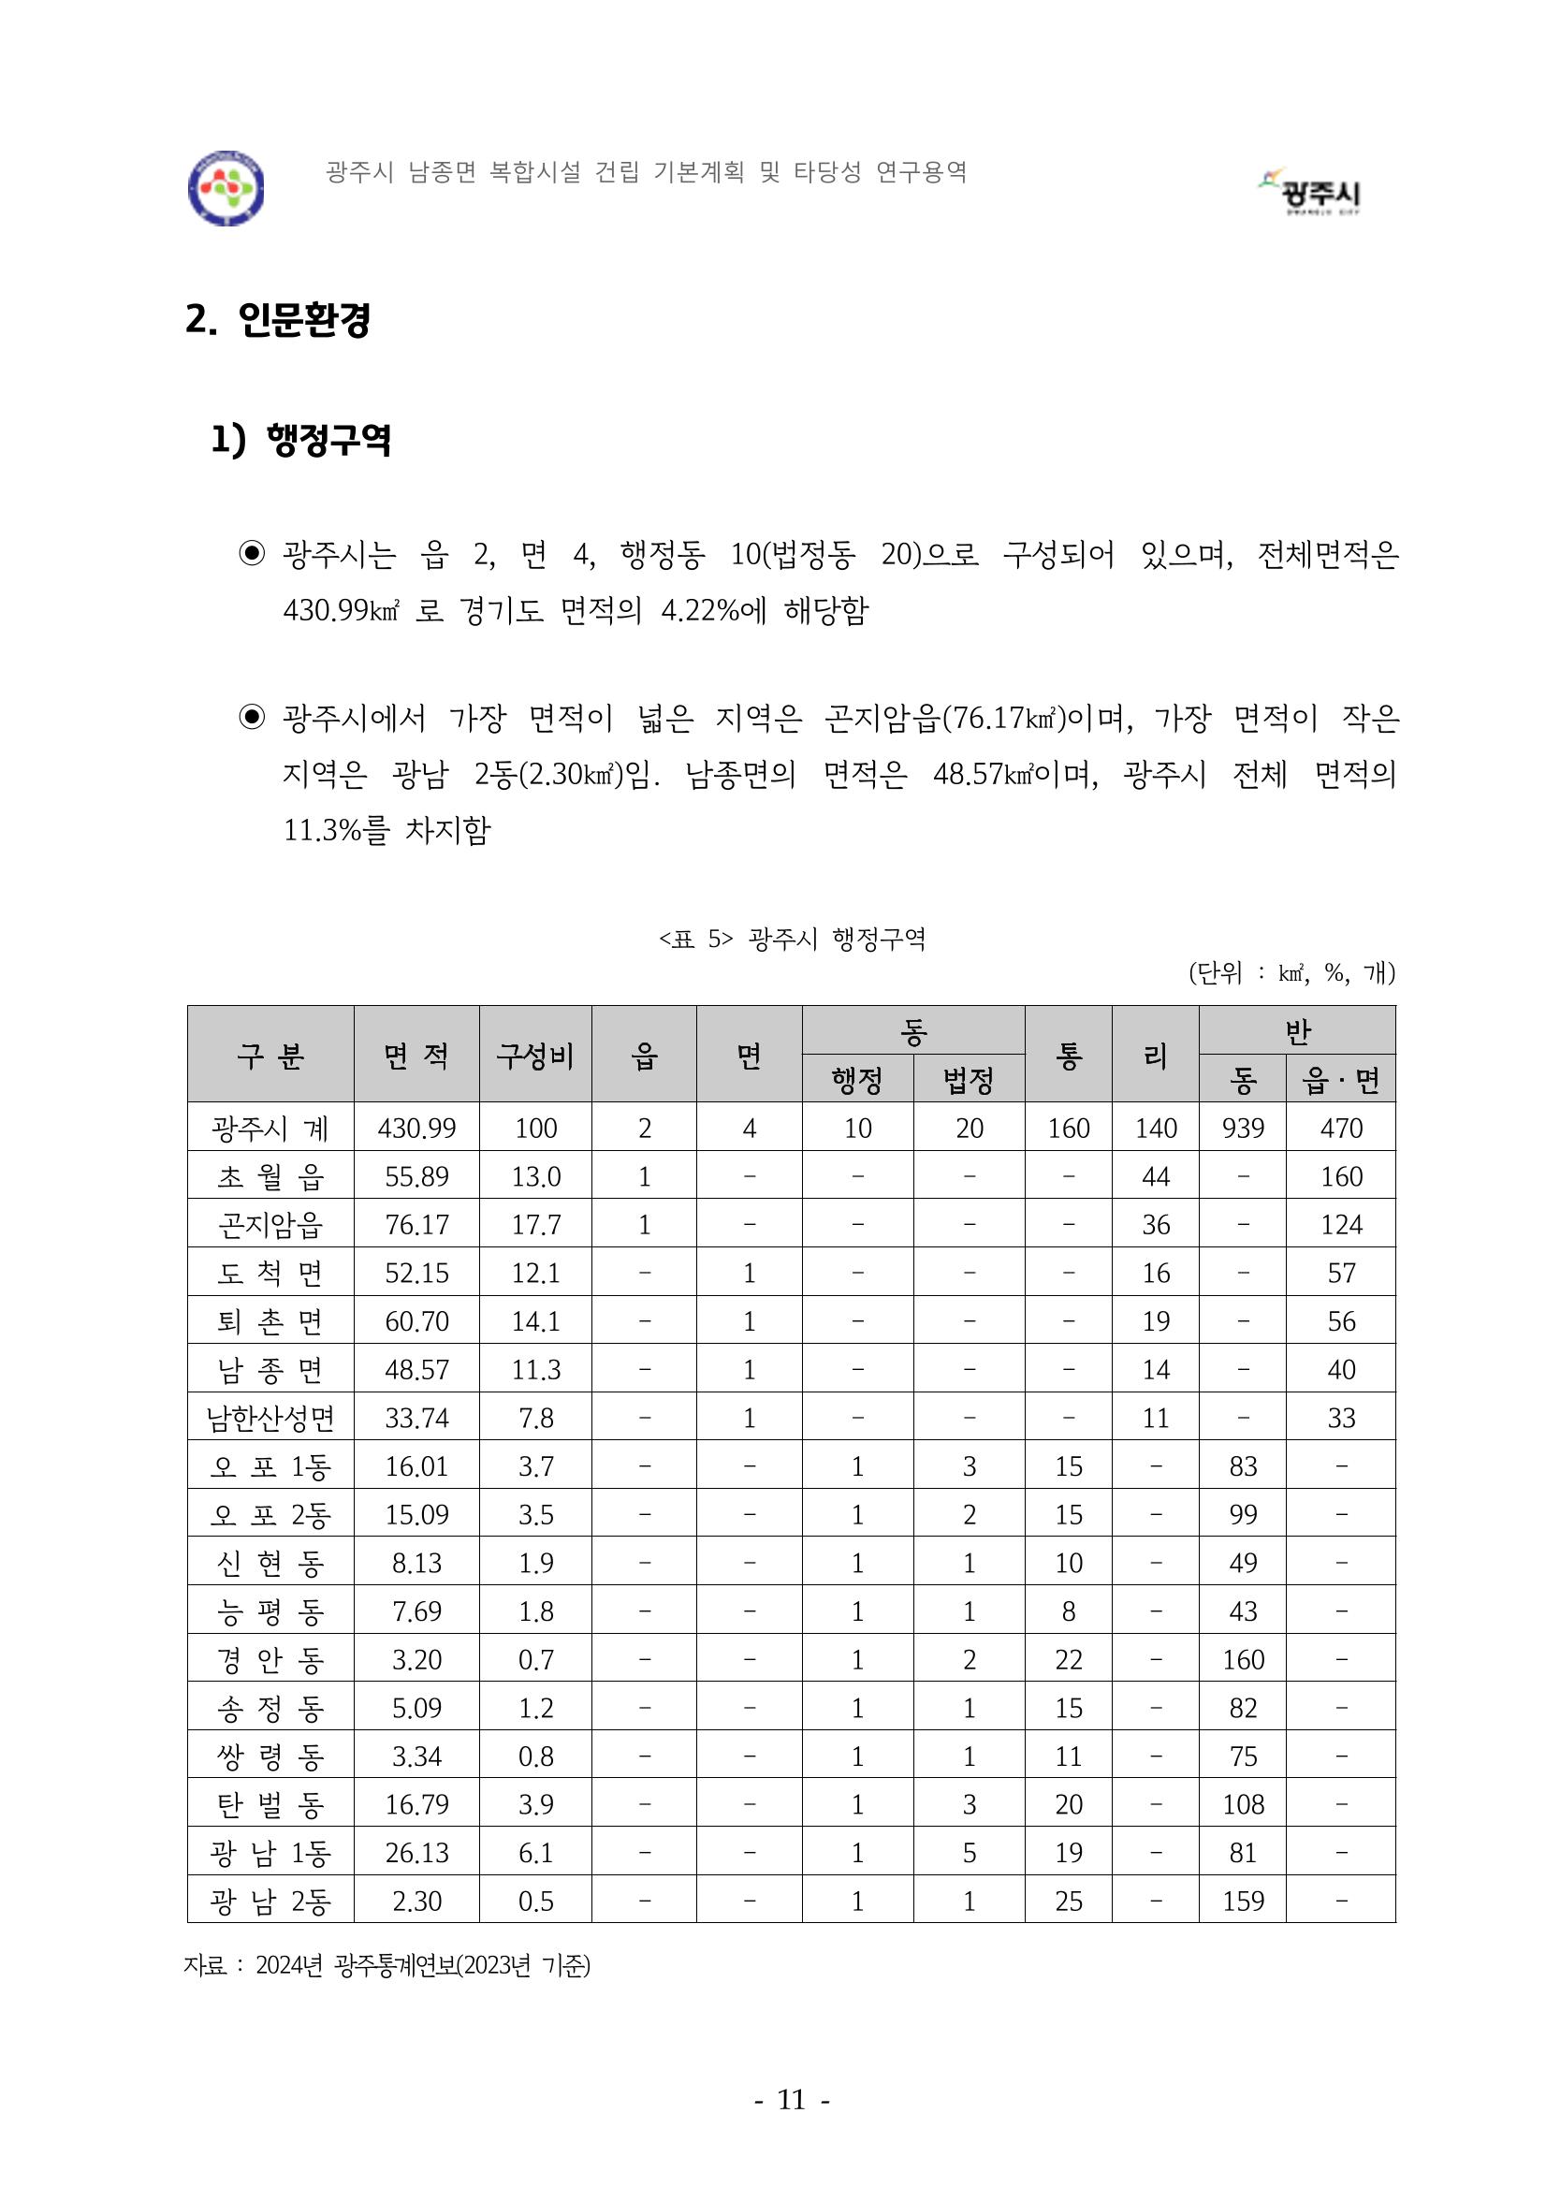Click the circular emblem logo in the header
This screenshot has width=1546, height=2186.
[x=226, y=188]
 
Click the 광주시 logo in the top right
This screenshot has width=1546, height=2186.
[x=1314, y=190]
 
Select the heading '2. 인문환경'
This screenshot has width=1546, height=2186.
[x=277, y=320]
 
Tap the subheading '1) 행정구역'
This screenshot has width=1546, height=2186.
[x=300, y=440]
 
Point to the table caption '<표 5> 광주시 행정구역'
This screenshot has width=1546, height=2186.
[x=791, y=940]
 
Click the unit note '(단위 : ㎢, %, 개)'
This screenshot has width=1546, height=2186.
[x=1291, y=973]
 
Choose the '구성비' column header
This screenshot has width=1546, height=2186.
[x=535, y=1055]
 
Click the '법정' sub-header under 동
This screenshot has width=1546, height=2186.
[x=969, y=1080]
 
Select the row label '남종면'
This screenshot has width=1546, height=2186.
[x=270, y=1370]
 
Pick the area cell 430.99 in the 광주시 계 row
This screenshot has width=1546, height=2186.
[x=416, y=1129]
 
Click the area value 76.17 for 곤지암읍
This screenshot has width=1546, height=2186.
[x=416, y=1224]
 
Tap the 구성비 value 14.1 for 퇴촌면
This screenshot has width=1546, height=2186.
[x=535, y=1321]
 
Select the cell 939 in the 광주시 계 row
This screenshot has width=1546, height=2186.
[x=1243, y=1129]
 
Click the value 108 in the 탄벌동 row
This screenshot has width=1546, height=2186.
[x=1243, y=1804]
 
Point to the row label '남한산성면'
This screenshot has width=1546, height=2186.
[x=270, y=1419]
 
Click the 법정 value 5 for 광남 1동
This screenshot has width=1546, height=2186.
[x=969, y=1853]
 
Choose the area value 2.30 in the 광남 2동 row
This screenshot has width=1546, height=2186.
[x=416, y=1902]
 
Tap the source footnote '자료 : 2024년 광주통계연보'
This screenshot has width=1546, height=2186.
[x=386, y=1965]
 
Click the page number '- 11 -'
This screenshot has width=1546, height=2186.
[x=791, y=2099]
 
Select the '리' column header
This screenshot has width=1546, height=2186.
[x=1155, y=1055]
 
